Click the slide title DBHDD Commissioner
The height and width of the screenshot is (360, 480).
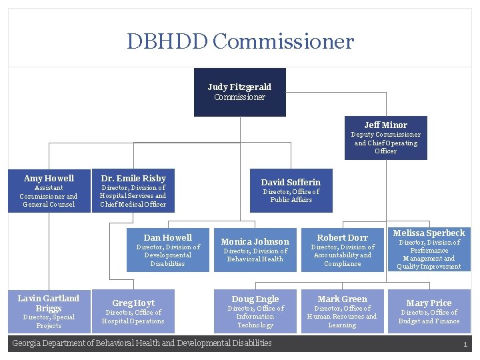[240, 42]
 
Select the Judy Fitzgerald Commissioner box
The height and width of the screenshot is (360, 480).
[239, 92]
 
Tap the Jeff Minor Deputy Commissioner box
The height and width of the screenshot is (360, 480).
[385, 138]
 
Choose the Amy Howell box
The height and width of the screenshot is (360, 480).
[49, 191]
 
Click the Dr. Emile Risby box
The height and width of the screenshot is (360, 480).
[133, 191]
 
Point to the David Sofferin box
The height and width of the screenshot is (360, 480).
[291, 191]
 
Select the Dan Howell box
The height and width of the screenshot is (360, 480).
[168, 249]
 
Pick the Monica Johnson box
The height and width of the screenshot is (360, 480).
[255, 249]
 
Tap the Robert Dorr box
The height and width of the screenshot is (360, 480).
[342, 249]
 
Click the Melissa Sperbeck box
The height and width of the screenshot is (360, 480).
[429, 249]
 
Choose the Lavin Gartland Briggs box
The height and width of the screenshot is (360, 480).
[49, 311]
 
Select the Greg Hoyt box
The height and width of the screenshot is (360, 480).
[133, 311]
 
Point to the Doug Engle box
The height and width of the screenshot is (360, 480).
[255, 311]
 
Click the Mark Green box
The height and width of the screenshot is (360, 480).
[342, 311]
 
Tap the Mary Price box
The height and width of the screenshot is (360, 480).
[429, 311]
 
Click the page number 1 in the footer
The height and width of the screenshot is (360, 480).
[465, 344]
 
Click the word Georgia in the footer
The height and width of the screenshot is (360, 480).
[27, 343]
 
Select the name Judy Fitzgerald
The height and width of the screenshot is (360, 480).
[239, 87]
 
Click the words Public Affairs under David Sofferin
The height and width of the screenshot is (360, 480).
[291, 200]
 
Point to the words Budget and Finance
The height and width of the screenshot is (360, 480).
[429, 321]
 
